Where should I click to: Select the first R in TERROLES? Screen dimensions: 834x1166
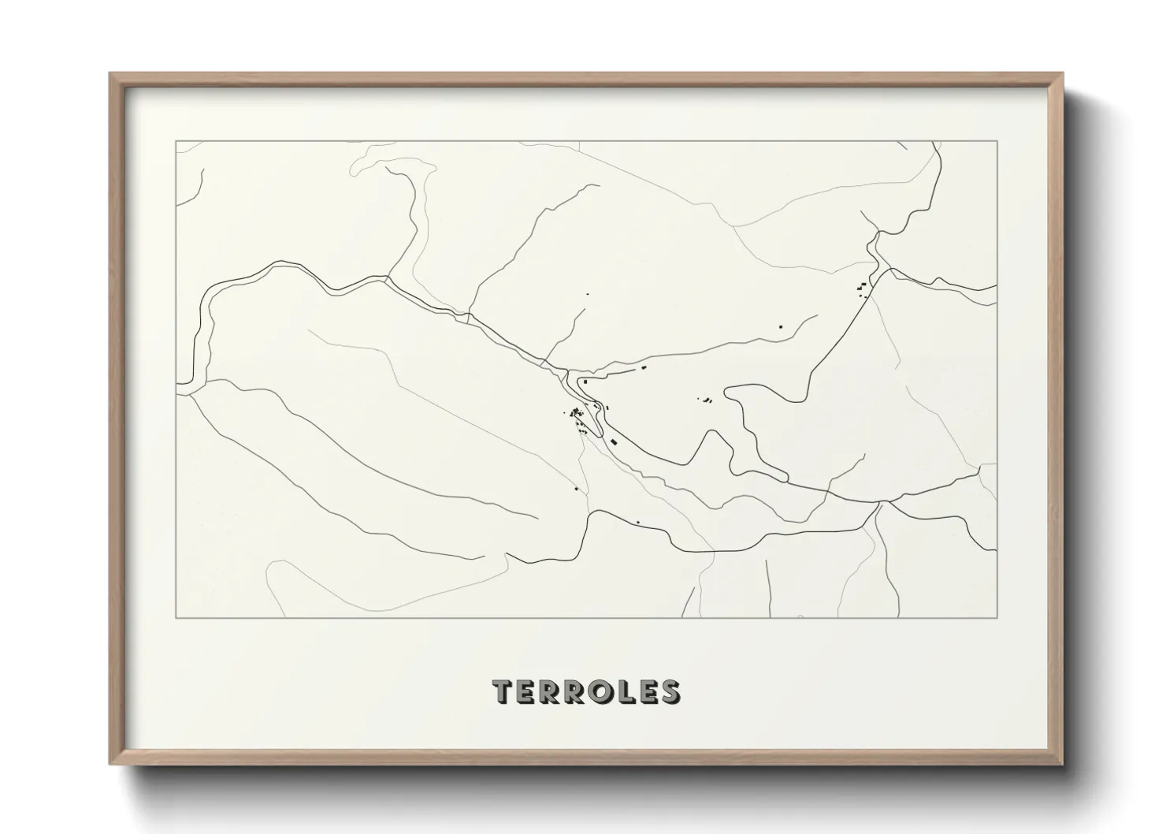[x=552, y=692]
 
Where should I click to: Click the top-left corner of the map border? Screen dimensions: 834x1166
[x=176, y=142]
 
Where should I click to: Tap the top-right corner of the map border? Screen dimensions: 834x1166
[x=997, y=142]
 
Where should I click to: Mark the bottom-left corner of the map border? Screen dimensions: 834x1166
[x=176, y=618]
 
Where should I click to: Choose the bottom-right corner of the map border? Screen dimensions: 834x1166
[x=997, y=618]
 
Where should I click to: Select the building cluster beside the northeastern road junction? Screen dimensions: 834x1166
[x=863, y=289]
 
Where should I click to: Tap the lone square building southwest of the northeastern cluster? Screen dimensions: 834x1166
[x=781, y=326]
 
